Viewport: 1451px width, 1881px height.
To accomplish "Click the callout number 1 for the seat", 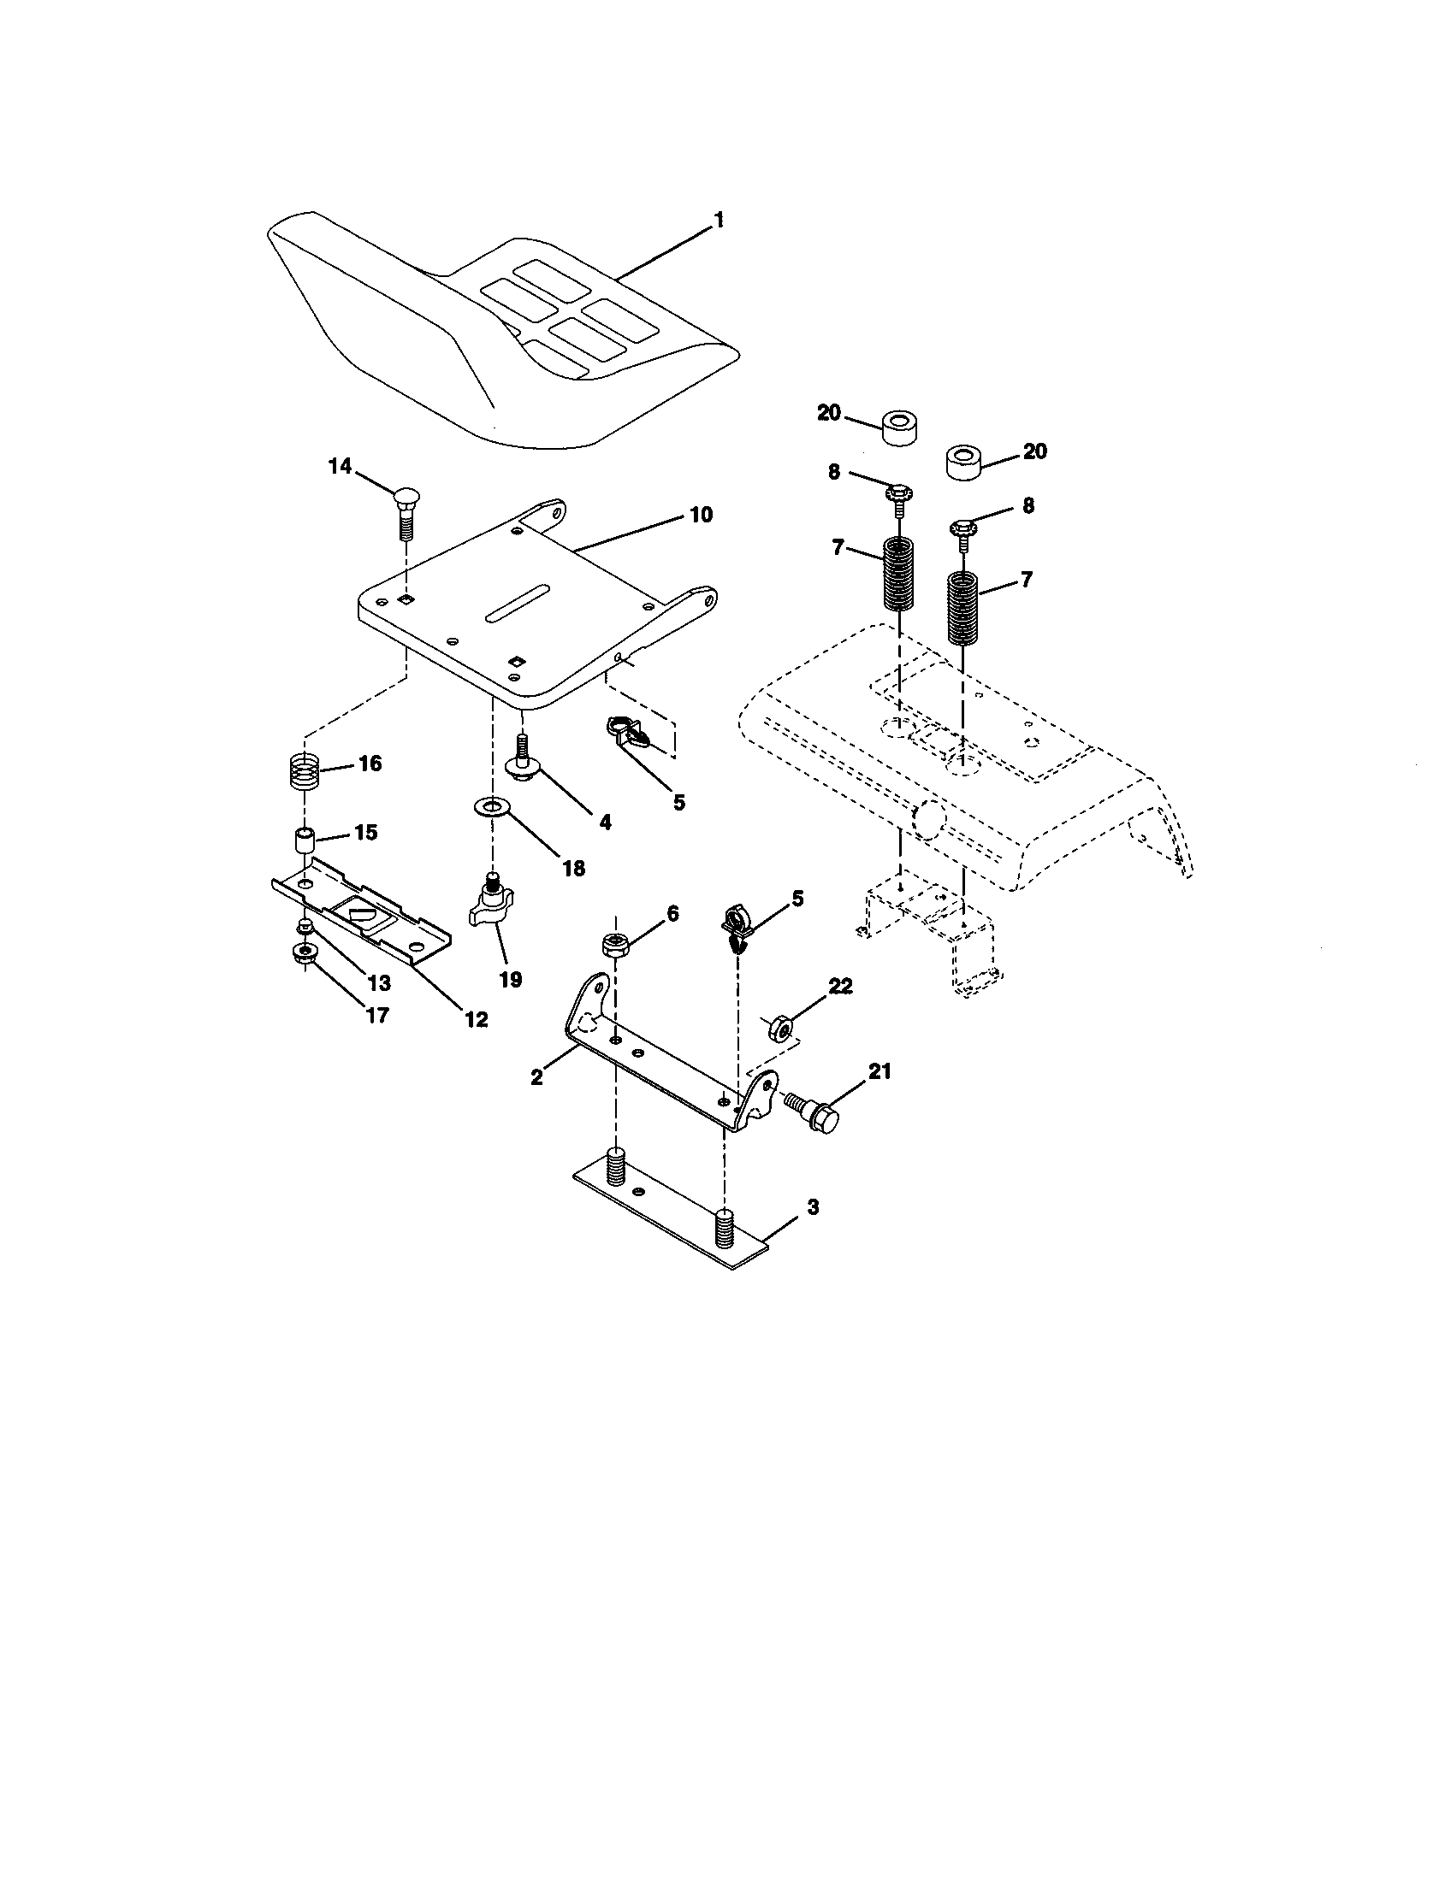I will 719,221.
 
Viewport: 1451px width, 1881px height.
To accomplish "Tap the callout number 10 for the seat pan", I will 701,515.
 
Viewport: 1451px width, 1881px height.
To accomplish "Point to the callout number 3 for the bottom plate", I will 812,1207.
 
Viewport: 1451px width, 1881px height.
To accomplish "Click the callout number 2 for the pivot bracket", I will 536,1076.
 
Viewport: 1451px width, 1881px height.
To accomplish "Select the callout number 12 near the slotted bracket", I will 476,1020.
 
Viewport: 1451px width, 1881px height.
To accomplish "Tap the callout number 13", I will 379,982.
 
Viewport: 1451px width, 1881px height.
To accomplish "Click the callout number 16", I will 370,764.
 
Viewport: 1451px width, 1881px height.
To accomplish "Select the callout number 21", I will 879,1071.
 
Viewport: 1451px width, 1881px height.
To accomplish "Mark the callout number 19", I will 510,979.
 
